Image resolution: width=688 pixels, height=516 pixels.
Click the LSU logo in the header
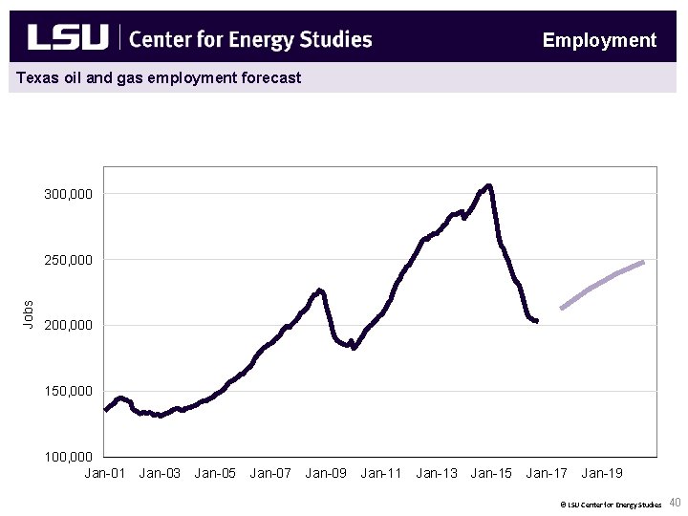pyautogui.click(x=68, y=38)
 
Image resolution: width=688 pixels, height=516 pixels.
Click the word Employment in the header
pyautogui.click(x=599, y=40)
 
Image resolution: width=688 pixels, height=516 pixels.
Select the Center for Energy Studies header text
pyautogui.click(x=249, y=39)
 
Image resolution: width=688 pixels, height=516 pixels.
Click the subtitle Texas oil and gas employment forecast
pyautogui.click(x=159, y=77)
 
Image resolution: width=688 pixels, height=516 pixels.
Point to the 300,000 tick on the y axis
pyautogui.click(x=69, y=194)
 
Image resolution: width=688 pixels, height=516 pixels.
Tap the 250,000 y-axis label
pyautogui.click(x=69, y=260)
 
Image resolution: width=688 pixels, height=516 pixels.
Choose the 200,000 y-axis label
pyautogui.click(x=69, y=326)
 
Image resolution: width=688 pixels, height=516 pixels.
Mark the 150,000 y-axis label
pyautogui.click(x=69, y=392)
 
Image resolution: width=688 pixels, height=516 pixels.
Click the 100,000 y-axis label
pyautogui.click(x=69, y=457)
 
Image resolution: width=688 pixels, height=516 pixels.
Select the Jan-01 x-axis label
pyautogui.click(x=104, y=473)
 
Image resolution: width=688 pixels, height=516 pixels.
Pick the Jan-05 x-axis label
pyautogui.click(x=215, y=473)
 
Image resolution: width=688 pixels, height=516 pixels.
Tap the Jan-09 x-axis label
pyautogui.click(x=326, y=473)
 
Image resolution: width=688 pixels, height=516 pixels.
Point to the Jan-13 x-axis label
pyautogui.click(x=436, y=473)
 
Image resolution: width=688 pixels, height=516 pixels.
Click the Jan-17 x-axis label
pyautogui.click(x=547, y=473)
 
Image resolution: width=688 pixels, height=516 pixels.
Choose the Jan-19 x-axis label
pyautogui.click(x=602, y=473)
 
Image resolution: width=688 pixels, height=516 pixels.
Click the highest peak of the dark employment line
pyautogui.click(x=488, y=186)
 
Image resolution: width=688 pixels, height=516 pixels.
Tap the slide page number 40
pyautogui.click(x=675, y=503)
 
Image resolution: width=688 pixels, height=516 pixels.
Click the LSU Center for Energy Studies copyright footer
pyautogui.click(x=611, y=504)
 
